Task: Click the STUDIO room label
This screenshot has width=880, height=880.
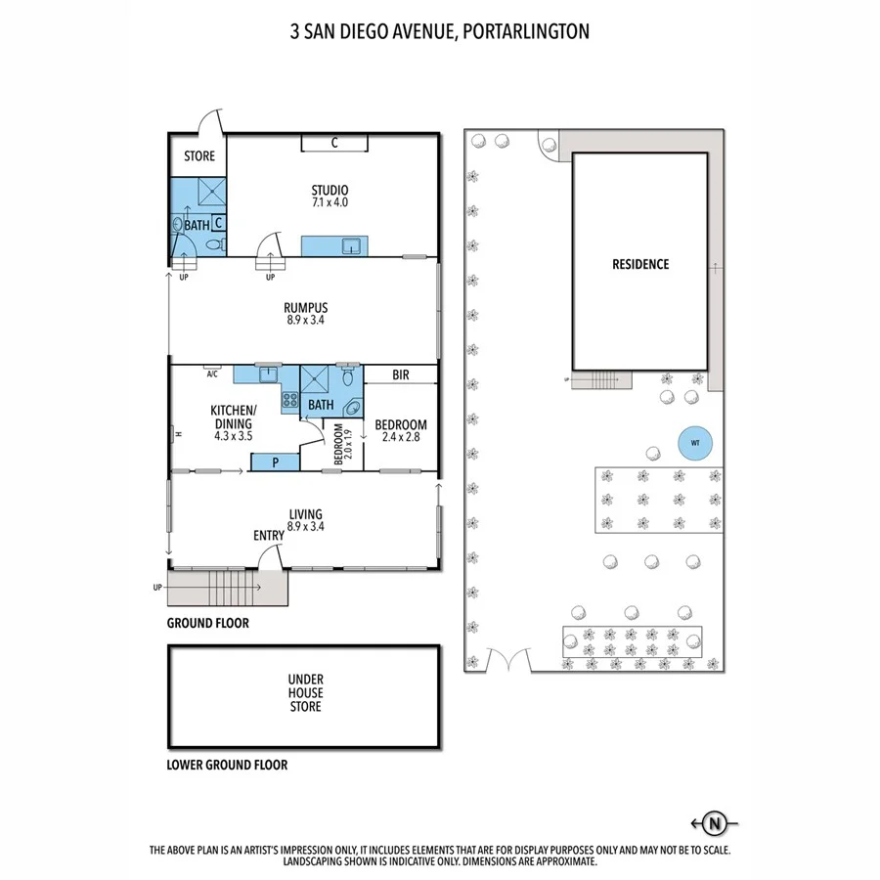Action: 330,190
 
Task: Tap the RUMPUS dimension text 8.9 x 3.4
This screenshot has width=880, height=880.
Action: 307,320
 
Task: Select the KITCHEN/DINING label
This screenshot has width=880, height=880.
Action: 233,417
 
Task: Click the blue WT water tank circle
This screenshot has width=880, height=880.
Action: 695,442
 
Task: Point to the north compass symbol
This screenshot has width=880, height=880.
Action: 716,823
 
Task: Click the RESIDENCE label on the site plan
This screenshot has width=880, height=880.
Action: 640,264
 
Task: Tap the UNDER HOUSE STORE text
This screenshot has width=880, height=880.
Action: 305,692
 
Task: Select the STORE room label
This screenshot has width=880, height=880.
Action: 199,156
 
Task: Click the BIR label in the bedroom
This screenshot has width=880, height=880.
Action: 401,374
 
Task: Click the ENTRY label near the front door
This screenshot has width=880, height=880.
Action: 269,535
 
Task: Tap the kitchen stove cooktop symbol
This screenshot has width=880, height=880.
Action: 289,399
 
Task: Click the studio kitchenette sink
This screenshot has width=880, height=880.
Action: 350,245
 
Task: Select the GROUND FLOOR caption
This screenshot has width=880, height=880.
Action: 207,623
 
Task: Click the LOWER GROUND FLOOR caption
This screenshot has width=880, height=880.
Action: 227,765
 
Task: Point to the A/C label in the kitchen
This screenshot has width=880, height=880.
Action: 211,374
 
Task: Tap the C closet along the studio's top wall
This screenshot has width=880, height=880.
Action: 334,144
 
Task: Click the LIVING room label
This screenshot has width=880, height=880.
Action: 305,514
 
